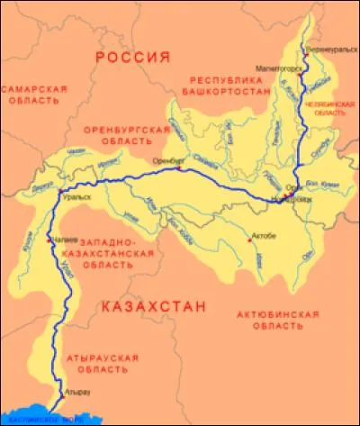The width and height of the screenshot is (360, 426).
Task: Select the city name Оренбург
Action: point(168,160)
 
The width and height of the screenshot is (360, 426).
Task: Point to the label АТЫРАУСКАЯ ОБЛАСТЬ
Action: point(102,363)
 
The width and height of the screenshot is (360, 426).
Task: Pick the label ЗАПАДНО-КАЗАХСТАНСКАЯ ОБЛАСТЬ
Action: point(116,256)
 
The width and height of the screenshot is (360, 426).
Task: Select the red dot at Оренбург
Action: point(180,168)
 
